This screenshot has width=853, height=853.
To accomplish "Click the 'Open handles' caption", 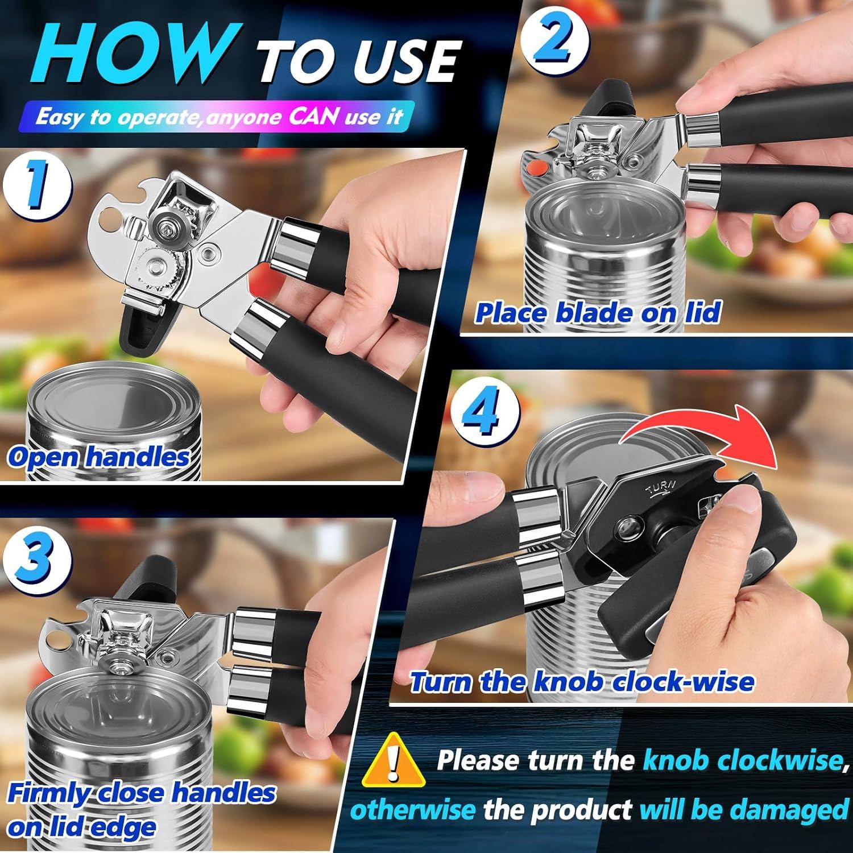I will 98,457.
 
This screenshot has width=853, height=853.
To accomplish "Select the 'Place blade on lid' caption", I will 597,313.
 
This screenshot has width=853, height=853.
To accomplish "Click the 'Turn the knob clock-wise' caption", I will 582,682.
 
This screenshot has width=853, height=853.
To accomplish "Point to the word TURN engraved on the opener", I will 660,487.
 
